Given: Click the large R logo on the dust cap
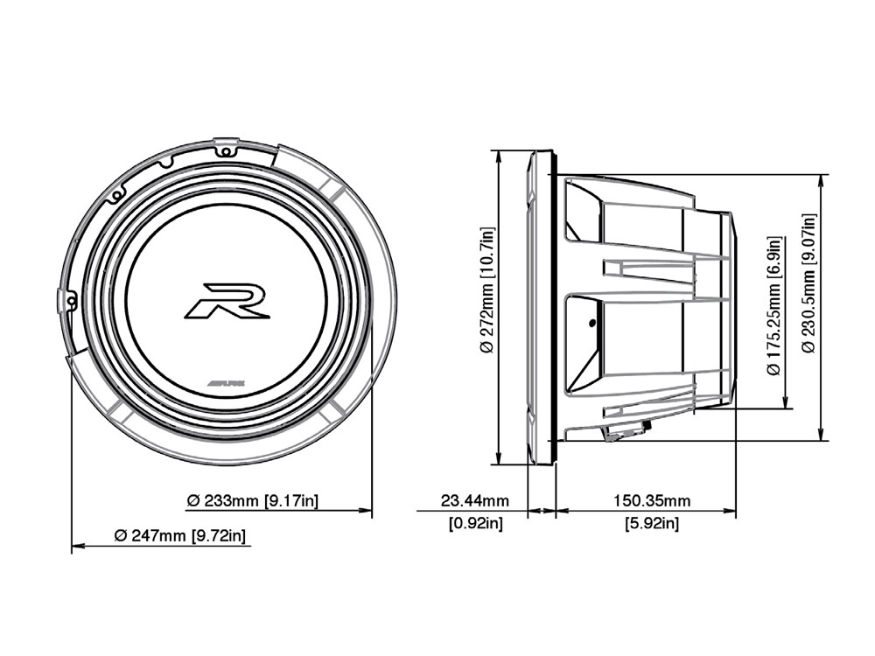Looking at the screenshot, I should coord(227,300).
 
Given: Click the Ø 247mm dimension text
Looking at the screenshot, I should coord(150,535).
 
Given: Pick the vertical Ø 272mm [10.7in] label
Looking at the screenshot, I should coord(488,290).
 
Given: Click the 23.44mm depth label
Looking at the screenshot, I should coord(474,501).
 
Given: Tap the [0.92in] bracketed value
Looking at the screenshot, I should coord(474,523).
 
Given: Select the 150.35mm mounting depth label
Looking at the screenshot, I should coord(651,501).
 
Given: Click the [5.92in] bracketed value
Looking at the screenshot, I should coord(651,523).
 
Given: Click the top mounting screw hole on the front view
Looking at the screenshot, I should coord(227,150).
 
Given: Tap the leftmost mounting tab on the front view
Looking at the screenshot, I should coord(66,300).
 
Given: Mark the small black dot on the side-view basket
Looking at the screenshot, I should coord(592,325).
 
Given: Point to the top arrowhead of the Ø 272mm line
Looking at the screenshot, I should coord(498,156).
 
